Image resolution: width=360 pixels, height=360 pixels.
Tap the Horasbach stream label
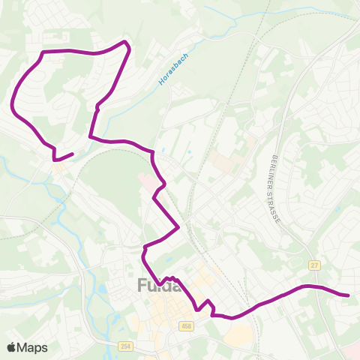pyautogui.click(x=171, y=70)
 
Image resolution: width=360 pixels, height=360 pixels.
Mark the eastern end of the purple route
pyautogui.click(x=349, y=295)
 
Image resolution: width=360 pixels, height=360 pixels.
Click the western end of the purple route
pyautogui.click(x=73, y=154)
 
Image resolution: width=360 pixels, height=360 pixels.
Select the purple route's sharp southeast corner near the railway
pyautogui.click(x=178, y=226)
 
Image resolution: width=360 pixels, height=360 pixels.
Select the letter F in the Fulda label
pyautogui.click(x=142, y=286)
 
